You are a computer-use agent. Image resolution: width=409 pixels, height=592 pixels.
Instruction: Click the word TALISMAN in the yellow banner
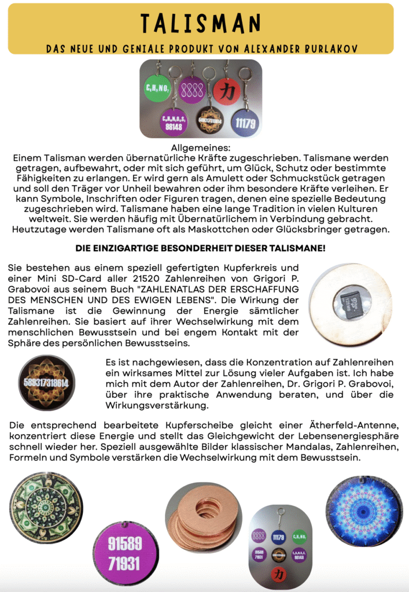(200, 24)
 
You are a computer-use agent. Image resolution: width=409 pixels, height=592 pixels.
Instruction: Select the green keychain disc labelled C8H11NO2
(157, 88)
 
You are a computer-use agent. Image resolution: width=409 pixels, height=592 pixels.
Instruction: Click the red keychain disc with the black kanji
(227, 91)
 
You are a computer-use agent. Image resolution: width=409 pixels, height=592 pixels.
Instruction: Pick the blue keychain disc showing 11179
(245, 122)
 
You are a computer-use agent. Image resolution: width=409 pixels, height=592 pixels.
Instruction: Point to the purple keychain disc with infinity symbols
(192, 91)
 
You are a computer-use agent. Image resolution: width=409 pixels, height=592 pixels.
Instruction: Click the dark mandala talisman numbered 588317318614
(46, 383)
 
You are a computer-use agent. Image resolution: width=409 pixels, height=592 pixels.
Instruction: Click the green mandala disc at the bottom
(46, 507)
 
